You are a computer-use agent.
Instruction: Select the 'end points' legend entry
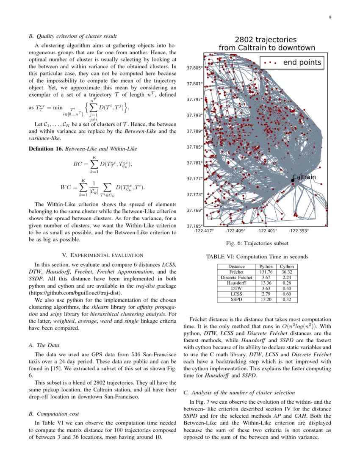pyautogui.click(x=302, y=63)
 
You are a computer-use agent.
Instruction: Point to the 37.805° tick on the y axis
pyautogui.click(x=195, y=68)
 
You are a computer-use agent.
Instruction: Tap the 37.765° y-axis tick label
pyautogui.click(x=195, y=226)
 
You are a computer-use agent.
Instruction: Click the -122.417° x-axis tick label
pyautogui.click(x=204, y=231)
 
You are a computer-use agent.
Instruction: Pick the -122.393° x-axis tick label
pyautogui.click(x=299, y=231)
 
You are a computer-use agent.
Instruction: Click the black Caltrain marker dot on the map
pyautogui.click(x=293, y=180)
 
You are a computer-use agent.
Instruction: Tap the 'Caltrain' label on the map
pyautogui.click(x=304, y=177)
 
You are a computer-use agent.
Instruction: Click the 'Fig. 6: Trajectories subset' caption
pyautogui.click(x=258, y=243)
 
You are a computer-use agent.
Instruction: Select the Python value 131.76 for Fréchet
pyautogui.click(x=266, y=272)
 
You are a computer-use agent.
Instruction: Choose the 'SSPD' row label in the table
pyautogui.click(x=236, y=300)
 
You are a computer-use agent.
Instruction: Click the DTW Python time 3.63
pyautogui.click(x=266, y=288)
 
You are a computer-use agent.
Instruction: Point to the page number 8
pyautogui.click(x=330, y=17)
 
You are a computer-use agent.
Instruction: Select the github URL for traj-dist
pyautogui.click(x=76, y=292)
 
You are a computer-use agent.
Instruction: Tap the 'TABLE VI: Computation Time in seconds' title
pyautogui.click(x=257, y=257)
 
